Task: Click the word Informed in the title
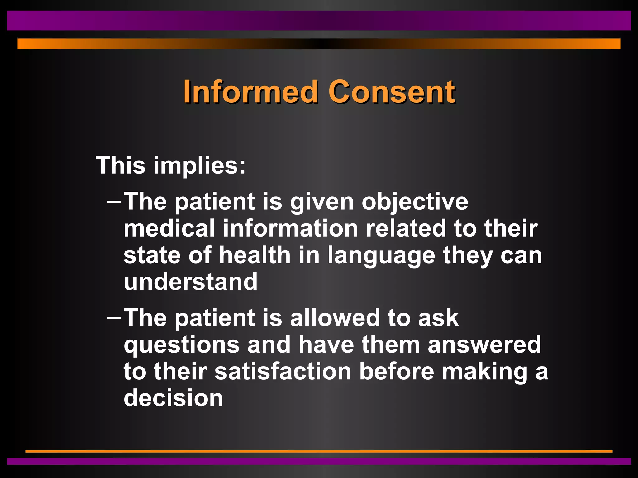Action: coord(250,91)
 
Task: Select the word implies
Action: coord(199,166)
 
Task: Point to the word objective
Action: coord(415,202)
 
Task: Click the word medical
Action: coord(169,228)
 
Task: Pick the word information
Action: coord(290,228)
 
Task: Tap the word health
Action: coord(255,255)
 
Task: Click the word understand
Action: coord(191,282)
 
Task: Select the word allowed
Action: coord(335,318)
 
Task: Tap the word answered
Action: coord(484,345)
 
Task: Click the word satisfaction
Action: coord(283,372)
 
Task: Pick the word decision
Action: coord(173,398)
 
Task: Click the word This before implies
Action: coord(121,165)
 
